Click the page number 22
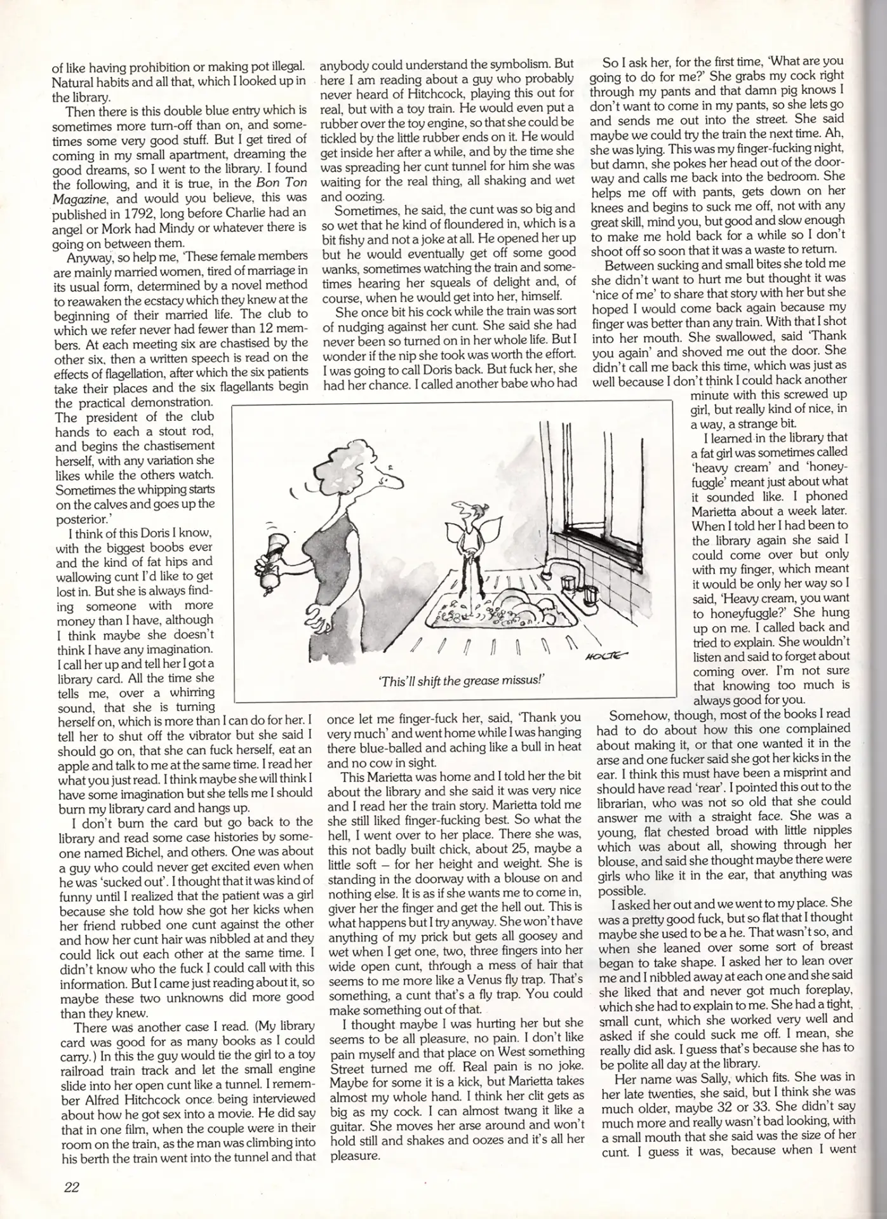point(71,1187)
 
